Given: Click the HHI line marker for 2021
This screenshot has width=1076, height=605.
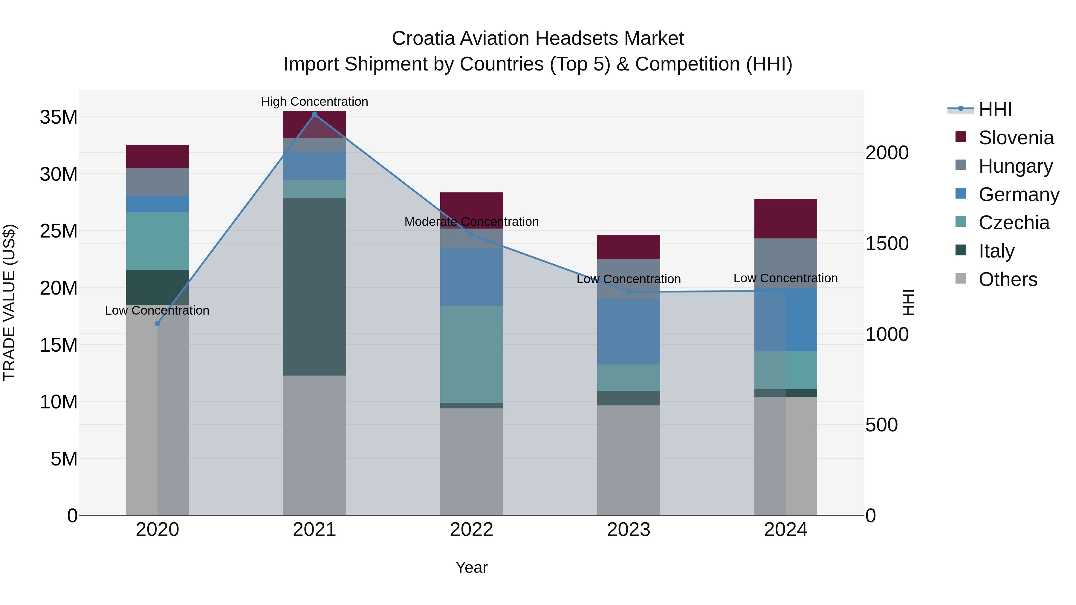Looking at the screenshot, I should click(314, 114).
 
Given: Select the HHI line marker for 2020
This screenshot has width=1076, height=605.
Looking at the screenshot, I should click(158, 324).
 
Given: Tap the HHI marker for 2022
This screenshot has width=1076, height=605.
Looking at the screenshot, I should click(472, 235).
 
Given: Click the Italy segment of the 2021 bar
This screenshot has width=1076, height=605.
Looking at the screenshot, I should click(314, 287).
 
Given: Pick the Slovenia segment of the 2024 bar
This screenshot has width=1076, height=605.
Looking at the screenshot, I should click(785, 218).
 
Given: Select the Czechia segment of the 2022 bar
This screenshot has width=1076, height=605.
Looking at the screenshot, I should click(472, 354).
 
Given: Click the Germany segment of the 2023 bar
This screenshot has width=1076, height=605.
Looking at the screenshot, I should click(628, 332).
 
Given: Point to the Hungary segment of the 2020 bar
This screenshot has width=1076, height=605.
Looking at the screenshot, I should click(158, 182).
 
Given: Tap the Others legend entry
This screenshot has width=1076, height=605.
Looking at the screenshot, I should click(1008, 279).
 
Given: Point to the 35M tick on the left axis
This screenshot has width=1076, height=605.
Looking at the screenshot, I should click(59, 117).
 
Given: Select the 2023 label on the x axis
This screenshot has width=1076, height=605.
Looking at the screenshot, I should click(628, 530).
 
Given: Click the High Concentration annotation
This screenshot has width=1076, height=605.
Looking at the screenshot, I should click(314, 102).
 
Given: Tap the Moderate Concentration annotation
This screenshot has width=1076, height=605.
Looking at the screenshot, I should click(472, 222).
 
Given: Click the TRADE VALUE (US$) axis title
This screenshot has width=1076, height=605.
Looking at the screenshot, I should click(9, 302).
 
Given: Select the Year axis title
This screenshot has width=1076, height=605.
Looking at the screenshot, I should click(472, 567).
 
